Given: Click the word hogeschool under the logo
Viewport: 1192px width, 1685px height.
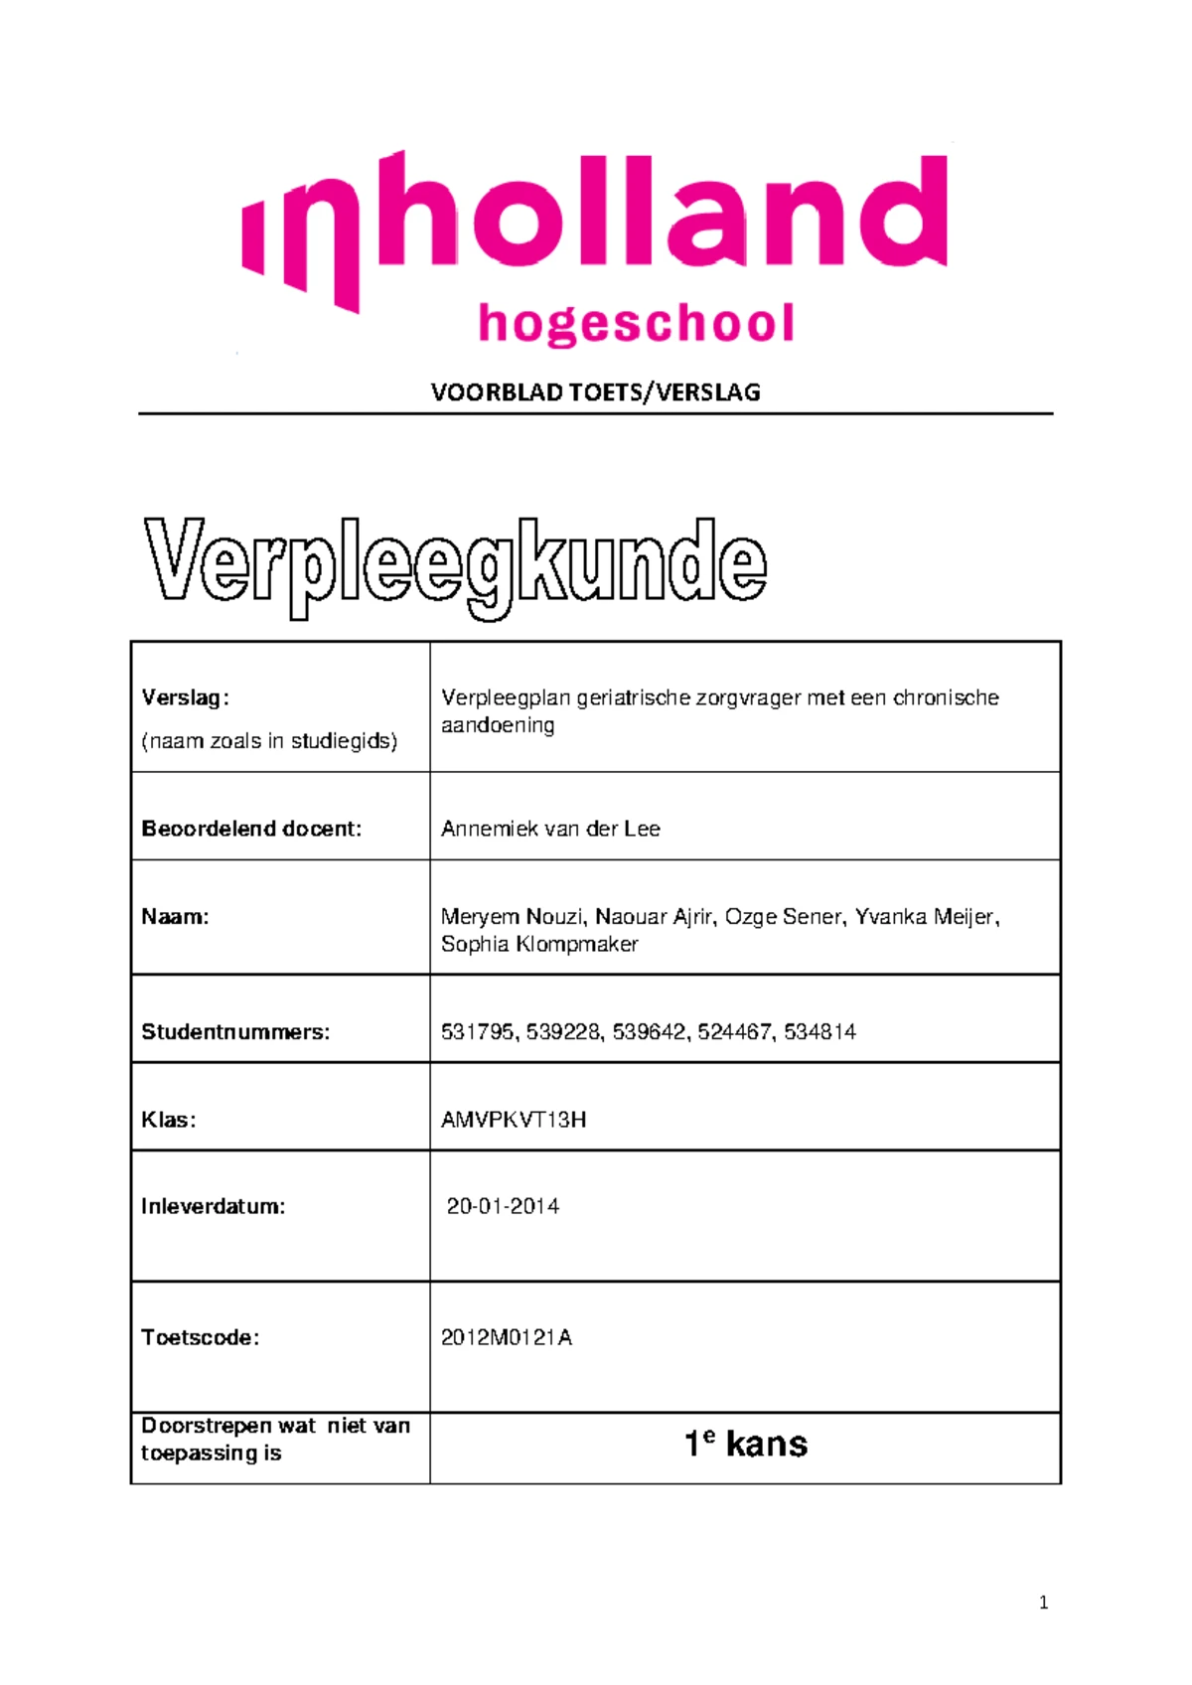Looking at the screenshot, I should point(636,325).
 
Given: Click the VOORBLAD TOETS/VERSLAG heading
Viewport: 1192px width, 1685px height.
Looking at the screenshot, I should point(595,392).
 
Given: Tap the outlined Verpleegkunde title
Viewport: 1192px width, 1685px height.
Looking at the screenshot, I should point(455,565).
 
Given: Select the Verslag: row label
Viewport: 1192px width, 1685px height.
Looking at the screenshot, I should point(185,697).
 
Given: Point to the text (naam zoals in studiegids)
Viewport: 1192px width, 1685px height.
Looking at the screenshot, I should point(269,741).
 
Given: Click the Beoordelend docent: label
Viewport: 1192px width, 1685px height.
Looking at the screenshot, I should point(251,829).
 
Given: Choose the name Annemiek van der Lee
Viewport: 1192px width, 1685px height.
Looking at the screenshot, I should point(550,829).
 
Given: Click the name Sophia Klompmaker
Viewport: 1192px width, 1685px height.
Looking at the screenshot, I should point(539,944).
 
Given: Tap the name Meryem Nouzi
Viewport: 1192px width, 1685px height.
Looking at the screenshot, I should point(513,917).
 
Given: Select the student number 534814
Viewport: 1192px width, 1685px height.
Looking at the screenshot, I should point(819,1032).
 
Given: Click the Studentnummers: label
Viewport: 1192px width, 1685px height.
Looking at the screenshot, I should point(235,1032).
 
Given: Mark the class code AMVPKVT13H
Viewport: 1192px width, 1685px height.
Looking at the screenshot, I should point(514,1120).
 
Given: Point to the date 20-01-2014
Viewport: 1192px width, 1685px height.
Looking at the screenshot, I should point(503,1206).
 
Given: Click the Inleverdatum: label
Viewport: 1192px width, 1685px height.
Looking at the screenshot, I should point(213,1206).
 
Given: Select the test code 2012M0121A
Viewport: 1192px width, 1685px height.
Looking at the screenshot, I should point(507,1337).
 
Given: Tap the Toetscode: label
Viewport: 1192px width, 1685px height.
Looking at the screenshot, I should point(200,1337).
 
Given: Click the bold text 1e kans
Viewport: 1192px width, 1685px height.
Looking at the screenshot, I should point(746,1444).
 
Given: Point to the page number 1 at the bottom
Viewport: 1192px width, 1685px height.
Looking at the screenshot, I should point(1043,1602).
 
